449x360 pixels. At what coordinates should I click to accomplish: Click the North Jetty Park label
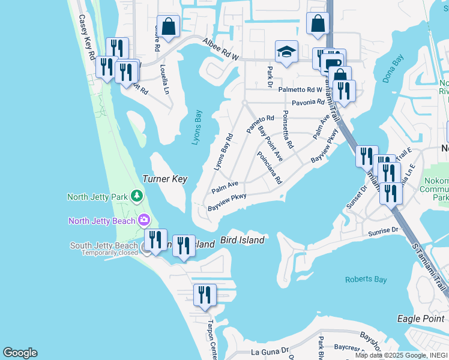[98, 196]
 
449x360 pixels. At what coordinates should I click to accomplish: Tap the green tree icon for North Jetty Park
[137, 196]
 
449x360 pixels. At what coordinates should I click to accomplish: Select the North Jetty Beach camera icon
[144, 220]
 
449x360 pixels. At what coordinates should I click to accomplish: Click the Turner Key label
[165, 179]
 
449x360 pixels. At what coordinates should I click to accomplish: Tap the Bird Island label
[242, 240]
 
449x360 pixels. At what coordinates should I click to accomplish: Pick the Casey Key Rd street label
[87, 37]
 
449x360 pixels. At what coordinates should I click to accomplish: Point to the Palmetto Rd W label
[300, 89]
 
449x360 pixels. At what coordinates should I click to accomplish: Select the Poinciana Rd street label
[270, 167]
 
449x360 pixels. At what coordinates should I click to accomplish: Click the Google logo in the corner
[20, 353]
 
